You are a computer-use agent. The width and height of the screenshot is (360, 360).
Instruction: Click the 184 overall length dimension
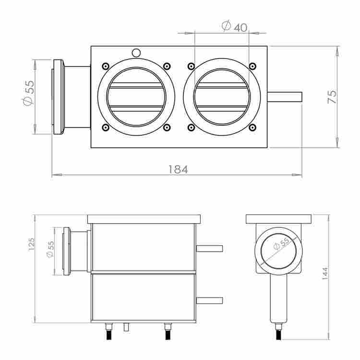tap(178, 169)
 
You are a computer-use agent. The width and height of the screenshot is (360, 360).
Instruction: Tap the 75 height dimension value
tap(332, 97)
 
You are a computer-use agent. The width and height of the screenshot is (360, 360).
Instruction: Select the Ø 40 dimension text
tap(234, 26)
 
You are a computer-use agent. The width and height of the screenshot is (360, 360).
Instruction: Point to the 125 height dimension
tap(31, 244)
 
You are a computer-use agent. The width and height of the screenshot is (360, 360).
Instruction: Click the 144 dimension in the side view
tap(325, 273)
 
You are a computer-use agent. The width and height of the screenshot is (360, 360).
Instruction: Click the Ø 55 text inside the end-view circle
tap(281, 243)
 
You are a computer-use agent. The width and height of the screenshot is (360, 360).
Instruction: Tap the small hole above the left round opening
tap(136, 53)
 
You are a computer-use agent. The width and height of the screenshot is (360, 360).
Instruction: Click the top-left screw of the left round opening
tap(106, 66)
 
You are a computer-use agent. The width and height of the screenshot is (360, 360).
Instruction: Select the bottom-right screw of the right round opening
tap(252, 127)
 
